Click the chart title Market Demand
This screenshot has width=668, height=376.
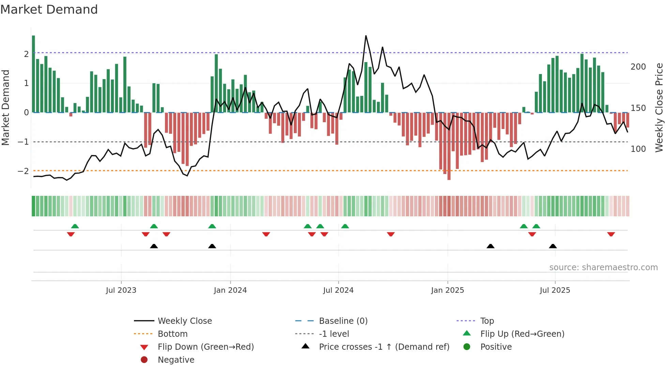click(x=49, y=10)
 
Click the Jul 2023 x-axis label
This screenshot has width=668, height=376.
click(x=121, y=290)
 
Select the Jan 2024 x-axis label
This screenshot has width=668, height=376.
click(x=230, y=290)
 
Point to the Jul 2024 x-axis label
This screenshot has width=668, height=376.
click(x=338, y=290)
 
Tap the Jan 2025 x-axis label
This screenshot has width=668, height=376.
click(x=447, y=290)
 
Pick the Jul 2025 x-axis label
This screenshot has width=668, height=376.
click(x=555, y=290)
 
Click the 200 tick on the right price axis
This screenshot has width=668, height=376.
click(x=638, y=67)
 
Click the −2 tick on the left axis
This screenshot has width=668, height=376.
click(x=23, y=171)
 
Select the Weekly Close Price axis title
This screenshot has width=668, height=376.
click(x=659, y=107)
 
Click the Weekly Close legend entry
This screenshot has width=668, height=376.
click(x=184, y=321)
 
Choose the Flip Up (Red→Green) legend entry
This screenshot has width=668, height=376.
click(x=522, y=334)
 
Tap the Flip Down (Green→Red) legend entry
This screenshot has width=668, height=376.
click(x=206, y=347)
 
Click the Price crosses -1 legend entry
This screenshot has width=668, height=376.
click(x=384, y=347)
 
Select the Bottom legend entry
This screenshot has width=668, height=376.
click(x=172, y=334)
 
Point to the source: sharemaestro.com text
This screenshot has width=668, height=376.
click(x=603, y=267)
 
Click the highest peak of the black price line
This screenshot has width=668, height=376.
click(x=366, y=36)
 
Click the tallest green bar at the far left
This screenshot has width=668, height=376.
click(x=33, y=74)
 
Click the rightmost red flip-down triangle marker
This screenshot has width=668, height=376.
click(x=611, y=234)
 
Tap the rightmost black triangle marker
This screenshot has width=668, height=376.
click(x=553, y=246)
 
